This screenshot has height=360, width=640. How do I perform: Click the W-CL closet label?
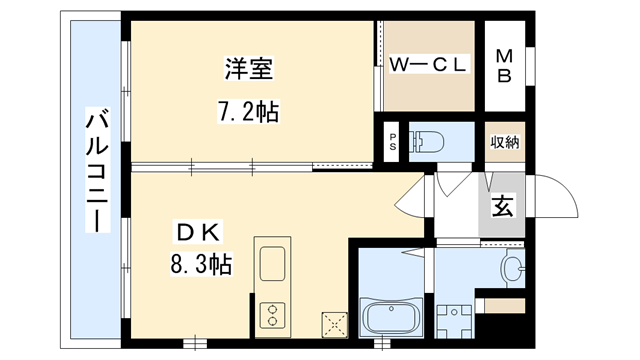pyautogui.click(x=428, y=66)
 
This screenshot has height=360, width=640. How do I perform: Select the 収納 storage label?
pyautogui.click(x=505, y=141)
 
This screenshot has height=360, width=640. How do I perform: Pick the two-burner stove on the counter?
pyautogui.click(x=272, y=316)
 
